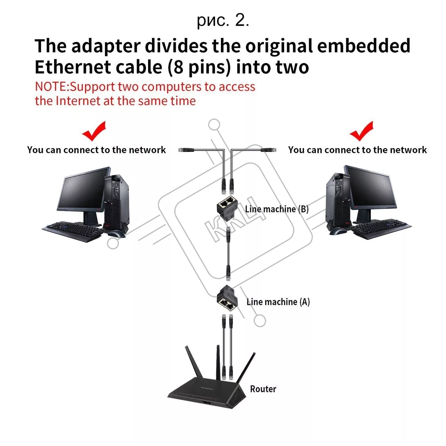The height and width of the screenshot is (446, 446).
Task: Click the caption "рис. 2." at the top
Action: tap(223, 21)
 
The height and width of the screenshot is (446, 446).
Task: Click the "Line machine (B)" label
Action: tap(277, 209)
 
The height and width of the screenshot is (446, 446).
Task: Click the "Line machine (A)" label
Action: tap(278, 302)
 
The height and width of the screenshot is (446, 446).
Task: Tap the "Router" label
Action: tap(263, 389)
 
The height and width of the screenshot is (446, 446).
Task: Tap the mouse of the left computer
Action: tap(117, 234)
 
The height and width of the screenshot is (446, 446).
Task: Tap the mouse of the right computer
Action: tap(338, 231)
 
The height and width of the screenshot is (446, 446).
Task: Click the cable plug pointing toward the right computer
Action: tap(269, 150)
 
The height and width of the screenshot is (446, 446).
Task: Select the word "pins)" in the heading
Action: tap(210, 68)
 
